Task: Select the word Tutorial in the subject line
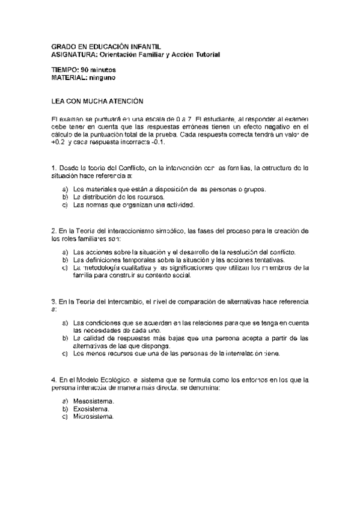pyautogui.click(x=206, y=55)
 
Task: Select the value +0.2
pyautogui.click(x=58, y=143)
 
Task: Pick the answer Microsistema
pyautogui.click(x=93, y=417)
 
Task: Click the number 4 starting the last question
pyautogui.click(x=53, y=380)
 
